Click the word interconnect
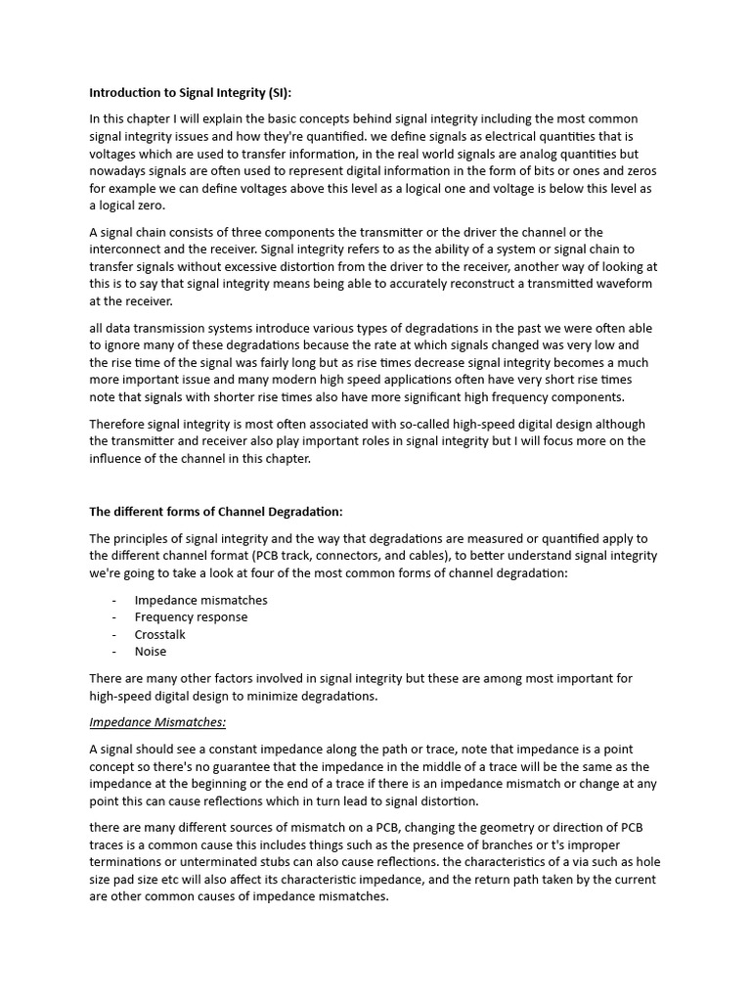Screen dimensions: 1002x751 point(127,250)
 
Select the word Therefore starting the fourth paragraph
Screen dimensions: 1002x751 point(120,424)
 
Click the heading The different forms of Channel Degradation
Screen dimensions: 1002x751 point(216,512)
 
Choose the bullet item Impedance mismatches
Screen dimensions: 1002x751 point(200,600)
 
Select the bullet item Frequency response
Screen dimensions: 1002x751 point(191,617)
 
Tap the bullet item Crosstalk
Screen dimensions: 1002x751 point(159,634)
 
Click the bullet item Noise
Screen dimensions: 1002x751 point(151,652)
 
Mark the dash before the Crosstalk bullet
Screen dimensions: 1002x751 point(114,634)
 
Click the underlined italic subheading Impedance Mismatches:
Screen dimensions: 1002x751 point(157,722)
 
